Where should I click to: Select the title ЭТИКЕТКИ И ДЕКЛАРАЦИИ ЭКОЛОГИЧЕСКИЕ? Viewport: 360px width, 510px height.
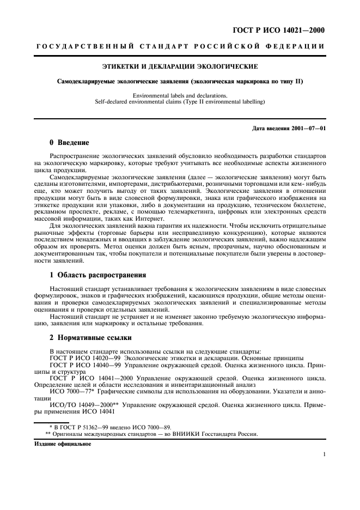pos(180,67)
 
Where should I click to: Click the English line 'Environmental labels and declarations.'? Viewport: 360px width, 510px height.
pos(180,96)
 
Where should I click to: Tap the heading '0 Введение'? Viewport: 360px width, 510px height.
pos(69,143)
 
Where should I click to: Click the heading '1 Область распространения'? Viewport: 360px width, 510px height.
pos(98,275)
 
